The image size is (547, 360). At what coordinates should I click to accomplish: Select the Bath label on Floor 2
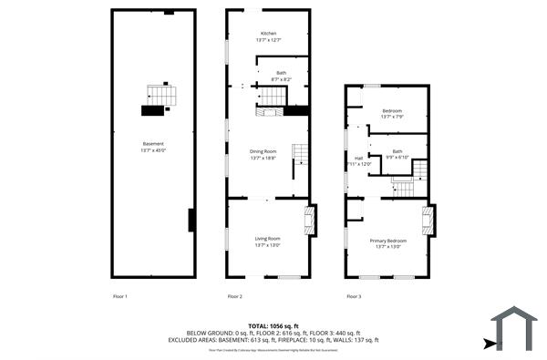pyautogui.click(x=281, y=75)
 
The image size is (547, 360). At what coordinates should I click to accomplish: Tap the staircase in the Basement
pyautogui.click(x=160, y=95)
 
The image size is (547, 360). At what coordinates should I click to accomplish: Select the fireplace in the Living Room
pyautogui.click(x=310, y=219)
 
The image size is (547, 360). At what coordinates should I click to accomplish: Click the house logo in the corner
pyautogui.click(x=515, y=328)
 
